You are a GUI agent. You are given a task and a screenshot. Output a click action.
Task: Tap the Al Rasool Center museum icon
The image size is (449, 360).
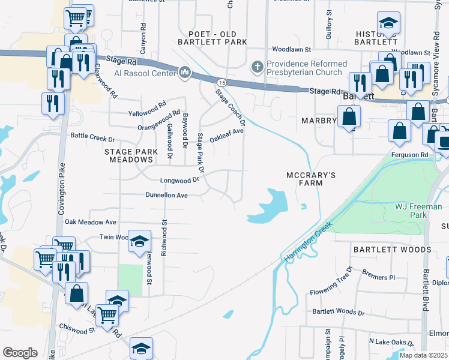184,73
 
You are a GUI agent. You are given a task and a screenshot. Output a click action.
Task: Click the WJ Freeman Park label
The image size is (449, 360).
418,211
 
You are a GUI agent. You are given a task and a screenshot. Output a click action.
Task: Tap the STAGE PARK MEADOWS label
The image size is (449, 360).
128,156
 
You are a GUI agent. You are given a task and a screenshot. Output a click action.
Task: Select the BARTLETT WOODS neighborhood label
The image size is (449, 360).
392,249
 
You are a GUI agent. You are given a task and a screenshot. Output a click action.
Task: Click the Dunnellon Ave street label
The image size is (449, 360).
167,195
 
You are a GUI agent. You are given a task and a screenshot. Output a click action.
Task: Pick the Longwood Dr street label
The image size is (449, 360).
179,180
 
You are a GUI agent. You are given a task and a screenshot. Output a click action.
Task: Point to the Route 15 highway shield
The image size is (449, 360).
222,82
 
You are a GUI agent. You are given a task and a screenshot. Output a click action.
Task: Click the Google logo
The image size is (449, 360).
20,353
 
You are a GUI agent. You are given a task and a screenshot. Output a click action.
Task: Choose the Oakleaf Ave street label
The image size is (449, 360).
226,135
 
